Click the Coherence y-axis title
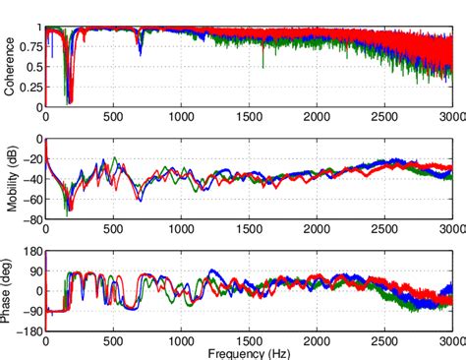pyautogui.click(x=10, y=67)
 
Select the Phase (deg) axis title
pyautogui.click(x=10, y=290)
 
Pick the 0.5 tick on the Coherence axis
pyautogui.click(x=33, y=67)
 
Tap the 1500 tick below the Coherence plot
pyautogui.click(x=250, y=116)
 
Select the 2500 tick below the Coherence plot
pyautogui.click(x=385, y=116)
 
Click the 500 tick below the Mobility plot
pyautogui.click(x=114, y=228)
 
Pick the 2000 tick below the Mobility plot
pyautogui.click(x=318, y=228)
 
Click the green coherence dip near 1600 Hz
pyautogui.click(x=262, y=65)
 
